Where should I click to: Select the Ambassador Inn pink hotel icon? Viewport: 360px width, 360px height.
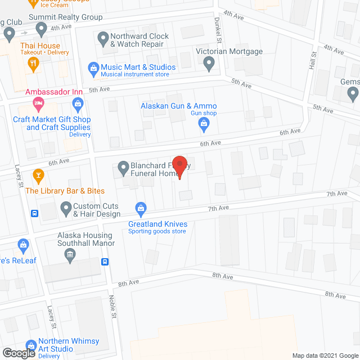38,102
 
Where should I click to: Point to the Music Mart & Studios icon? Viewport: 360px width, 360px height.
93,67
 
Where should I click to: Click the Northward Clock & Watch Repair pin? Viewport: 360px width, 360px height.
103,39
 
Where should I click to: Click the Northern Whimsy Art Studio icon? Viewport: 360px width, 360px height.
31,345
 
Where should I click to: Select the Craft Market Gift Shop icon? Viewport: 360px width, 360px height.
78,103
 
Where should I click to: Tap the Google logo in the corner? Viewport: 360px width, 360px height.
18,353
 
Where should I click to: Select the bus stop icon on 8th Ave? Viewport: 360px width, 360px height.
105,262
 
